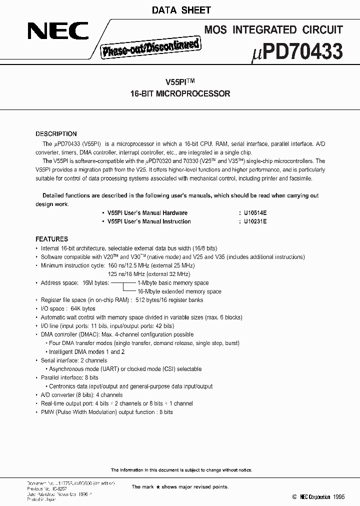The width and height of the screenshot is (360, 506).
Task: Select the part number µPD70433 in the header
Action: [295, 52]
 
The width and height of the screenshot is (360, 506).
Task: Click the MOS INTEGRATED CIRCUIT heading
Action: [273, 29]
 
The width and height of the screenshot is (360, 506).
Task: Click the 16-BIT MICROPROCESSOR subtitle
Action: [179, 93]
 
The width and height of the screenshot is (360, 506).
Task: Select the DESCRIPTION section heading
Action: [56, 134]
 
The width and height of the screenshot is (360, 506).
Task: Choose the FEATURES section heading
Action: [51, 239]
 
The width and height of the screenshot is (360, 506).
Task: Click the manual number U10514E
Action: [255, 213]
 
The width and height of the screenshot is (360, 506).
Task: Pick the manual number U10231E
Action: [255, 221]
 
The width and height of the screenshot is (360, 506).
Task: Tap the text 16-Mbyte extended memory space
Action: [179, 291]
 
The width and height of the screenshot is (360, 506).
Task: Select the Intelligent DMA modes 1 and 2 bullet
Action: [87, 351]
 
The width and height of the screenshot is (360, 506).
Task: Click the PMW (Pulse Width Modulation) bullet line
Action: [106, 412]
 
